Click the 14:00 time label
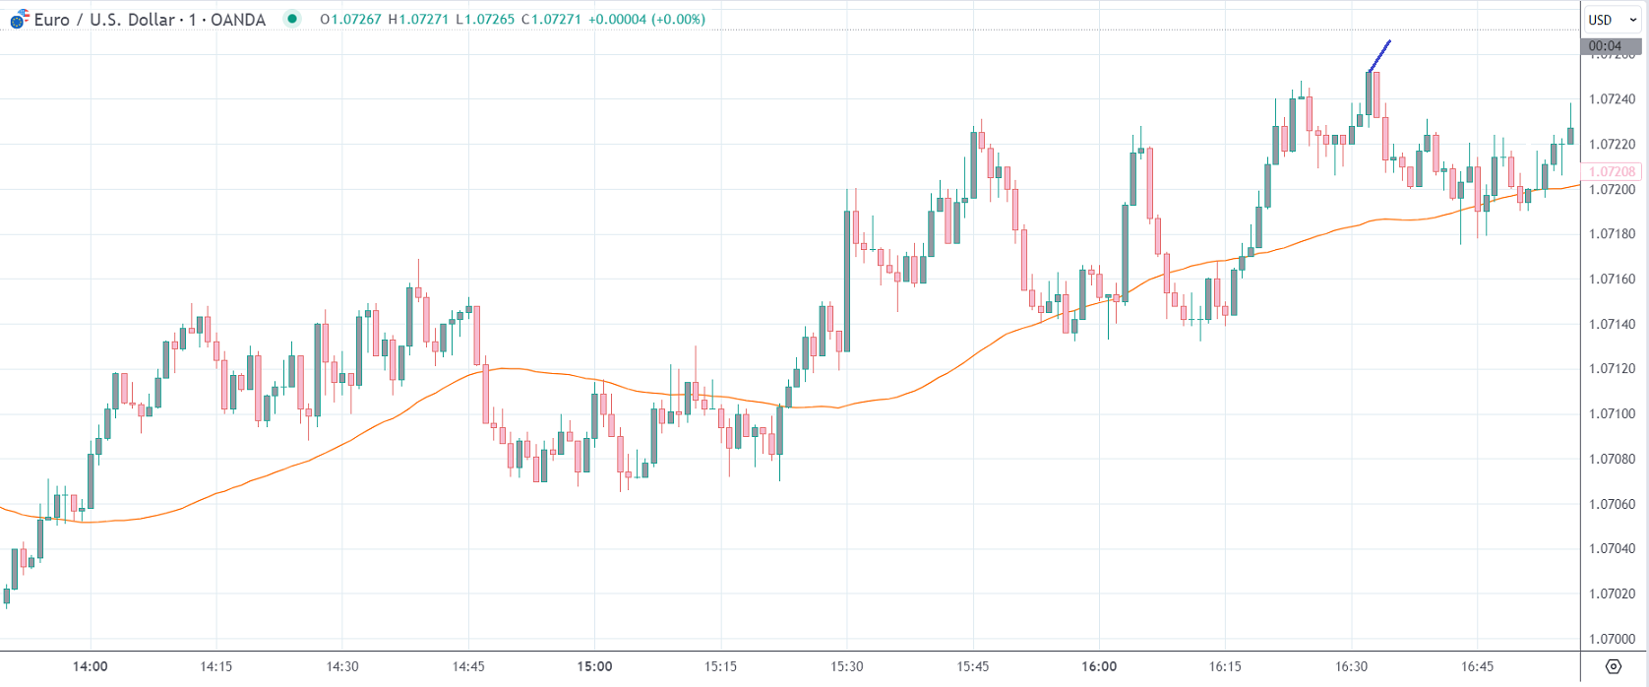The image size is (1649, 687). [x=90, y=666]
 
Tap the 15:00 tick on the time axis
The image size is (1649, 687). [x=594, y=666]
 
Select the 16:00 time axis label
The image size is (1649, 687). [x=1099, y=666]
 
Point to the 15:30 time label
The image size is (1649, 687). [x=846, y=666]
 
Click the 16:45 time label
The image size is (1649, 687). [x=1477, y=666]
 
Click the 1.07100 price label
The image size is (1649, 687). [x=1612, y=413]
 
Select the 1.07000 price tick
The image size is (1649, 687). [x=1612, y=639]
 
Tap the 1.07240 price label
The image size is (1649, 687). [x=1612, y=99]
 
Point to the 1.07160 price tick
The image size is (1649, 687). [x=1612, y=280]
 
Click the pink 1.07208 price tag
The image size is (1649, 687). [x=1612, y=171]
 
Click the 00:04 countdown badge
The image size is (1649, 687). [x=1605, y=46]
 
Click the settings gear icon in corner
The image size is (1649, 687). [x=1613, y=667]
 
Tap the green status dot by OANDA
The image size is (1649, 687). [x=292, y=19]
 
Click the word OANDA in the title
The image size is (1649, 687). [x=237, y=20]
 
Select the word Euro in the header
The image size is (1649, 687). [x=51, y=20]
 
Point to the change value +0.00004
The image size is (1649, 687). [x=623, y=20]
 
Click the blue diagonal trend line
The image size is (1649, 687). [x=1378, y=56]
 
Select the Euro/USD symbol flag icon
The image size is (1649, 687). [x=19, y=20]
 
